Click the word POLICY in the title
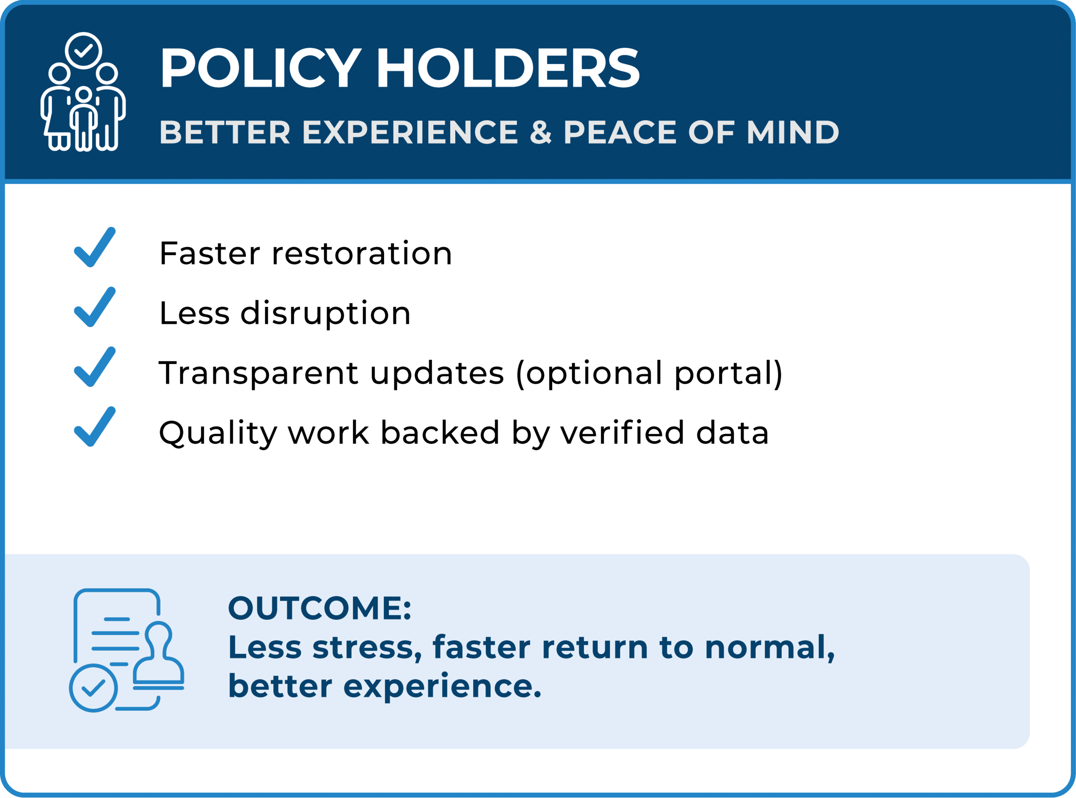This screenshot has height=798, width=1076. tap(261, 68)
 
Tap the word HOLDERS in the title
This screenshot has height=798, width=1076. tap(508, 68)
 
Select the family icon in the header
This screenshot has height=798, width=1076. tap(83, 92)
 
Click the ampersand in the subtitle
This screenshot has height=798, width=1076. tap(541, 132)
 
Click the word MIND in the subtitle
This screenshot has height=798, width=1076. tap(793, 132)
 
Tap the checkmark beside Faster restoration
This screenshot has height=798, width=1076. tap(95, 247)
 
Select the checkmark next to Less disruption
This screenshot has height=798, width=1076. tap(95, 307)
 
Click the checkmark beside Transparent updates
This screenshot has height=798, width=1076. tap(95, 366)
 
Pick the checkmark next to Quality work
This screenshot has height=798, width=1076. tap(95, 427)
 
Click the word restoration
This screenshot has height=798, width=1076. tap(362, 253)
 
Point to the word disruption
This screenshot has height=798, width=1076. tap(326, 314)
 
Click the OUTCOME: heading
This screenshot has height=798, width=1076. tap(320, 608)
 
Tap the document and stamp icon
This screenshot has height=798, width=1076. tap(127, 650)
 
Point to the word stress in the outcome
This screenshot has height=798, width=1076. tap(367, 647)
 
